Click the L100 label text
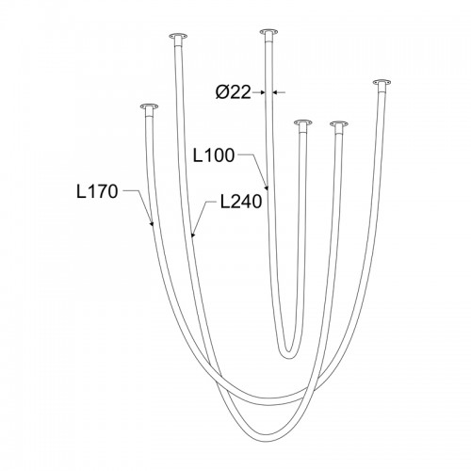(214, 155)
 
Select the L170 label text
(97, 191)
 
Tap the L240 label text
(241, 202)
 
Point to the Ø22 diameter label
(234, 92)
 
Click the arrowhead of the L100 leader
(267, 187)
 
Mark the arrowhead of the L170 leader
(152, 223)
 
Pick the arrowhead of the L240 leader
(193, 234)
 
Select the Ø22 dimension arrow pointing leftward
(279, 92)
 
